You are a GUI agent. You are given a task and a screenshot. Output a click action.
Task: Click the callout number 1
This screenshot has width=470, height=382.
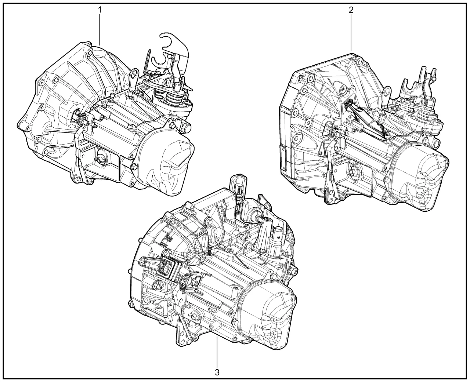point(100,10)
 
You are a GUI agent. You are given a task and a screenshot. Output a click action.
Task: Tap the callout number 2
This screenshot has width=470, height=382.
point(351,10)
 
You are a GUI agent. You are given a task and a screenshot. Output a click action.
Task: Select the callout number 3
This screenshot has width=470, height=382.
point(217,372)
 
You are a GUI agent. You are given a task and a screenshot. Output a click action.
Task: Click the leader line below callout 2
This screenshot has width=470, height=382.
point(351,33)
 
